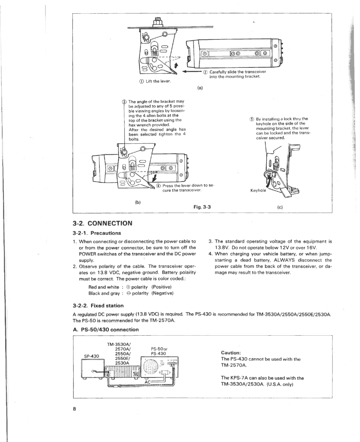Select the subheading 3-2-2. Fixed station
(98, 305)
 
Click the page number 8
(74, 409)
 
